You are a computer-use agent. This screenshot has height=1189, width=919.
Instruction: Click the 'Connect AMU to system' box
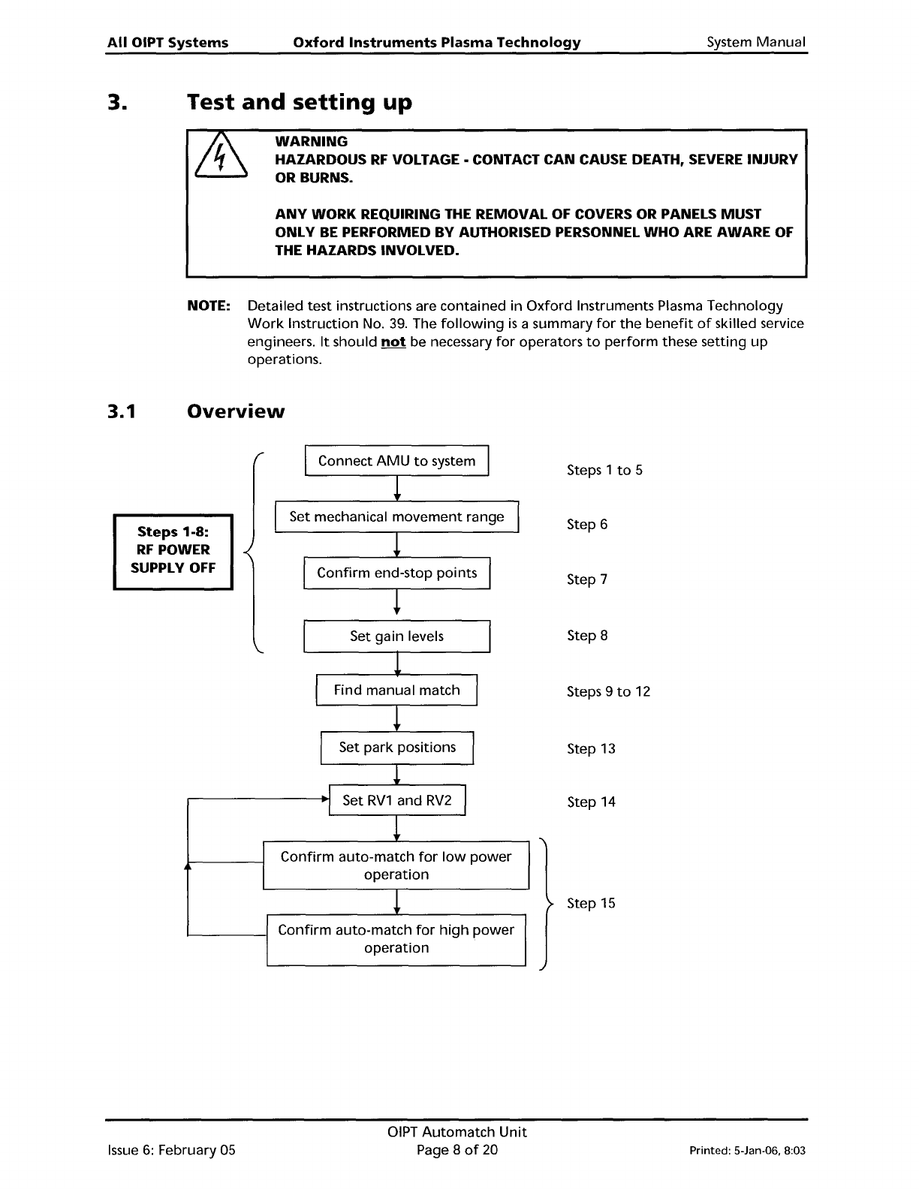[x=396, y=461]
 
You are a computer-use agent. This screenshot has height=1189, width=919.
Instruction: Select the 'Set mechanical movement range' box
[x=396, y=517]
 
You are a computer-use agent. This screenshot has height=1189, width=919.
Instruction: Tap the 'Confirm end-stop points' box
[x=396, y=573]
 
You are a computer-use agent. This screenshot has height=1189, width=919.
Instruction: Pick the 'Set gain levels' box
[x=396, y=637]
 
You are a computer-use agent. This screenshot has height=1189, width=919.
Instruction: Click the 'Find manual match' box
[x=396, y=691]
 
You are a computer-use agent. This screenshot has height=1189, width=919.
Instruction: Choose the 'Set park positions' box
[x=396, y=748]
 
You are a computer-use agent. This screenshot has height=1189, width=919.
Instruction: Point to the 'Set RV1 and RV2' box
[x=397, y=800]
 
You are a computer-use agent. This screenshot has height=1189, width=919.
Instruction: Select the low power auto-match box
[x=396, y=865]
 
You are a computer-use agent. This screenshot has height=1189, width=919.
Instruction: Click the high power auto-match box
[x=396, y=939]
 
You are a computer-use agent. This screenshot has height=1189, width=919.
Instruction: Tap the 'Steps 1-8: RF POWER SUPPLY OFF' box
[x=173, y=550]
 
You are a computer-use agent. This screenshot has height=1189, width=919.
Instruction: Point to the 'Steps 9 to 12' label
[x=608, y=692]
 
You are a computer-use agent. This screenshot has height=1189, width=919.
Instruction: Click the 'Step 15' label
[x=591, y=904]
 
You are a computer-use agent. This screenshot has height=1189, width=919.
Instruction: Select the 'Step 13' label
[x=591, y=749]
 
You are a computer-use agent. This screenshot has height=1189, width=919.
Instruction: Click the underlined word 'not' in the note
[x=393, y=342]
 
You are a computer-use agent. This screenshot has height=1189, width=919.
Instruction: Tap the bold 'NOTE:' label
[x=208, y=306]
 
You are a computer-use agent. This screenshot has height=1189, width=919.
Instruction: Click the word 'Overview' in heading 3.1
[x=236, y=411]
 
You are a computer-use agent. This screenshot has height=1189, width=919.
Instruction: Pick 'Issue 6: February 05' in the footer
[x=172, y=1150]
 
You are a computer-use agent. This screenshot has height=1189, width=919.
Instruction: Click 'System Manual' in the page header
[x=755, y=43]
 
